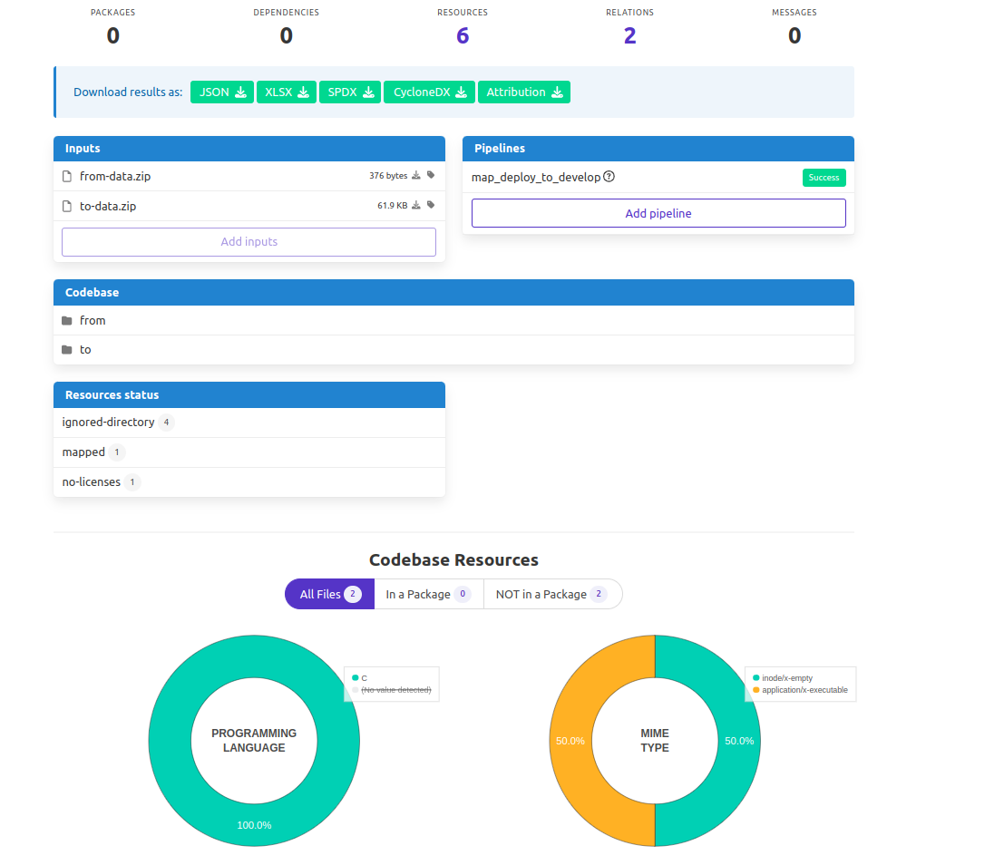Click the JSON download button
(222, 92)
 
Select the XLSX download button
(287, 92)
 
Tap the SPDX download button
(350, 92)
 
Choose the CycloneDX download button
(430, 92)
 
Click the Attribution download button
(524, 92)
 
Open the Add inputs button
(249, 242)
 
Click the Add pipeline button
(658, 213)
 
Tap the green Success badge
(824, 178)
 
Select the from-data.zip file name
(115, 176)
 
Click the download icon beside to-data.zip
(416, 206)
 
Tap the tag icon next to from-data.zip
(431, 175)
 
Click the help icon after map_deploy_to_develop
(609, 177)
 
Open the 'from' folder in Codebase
(93, 320)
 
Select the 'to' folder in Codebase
(85, 350)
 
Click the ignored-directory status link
(108, 422)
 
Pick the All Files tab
(330, 594)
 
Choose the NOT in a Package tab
(552, 594)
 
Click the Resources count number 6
(463, 36)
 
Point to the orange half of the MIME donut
(570, 741)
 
